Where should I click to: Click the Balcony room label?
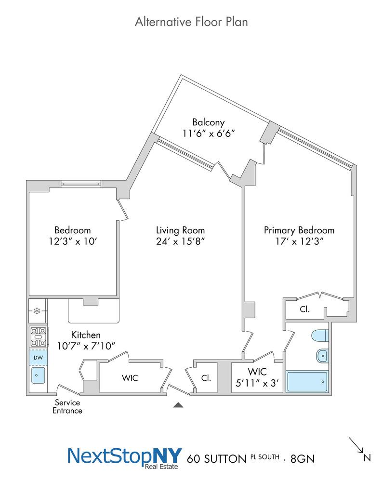208,122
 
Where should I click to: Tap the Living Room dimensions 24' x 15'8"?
180,241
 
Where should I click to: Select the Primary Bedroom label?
299,230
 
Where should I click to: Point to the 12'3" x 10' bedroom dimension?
73,241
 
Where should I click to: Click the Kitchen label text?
86,335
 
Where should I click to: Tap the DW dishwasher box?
38,358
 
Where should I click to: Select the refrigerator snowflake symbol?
37,311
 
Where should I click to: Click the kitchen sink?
38,375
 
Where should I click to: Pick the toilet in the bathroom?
320,335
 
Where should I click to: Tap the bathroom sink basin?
322,356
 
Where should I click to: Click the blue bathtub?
307,381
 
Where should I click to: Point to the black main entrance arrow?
178,405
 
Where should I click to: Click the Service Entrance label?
67,406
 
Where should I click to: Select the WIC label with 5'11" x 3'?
257,377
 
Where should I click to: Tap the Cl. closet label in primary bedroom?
304,309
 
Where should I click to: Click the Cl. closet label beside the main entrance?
206,378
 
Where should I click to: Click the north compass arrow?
356,445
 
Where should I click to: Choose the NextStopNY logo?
124,458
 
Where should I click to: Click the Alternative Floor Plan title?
191,22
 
